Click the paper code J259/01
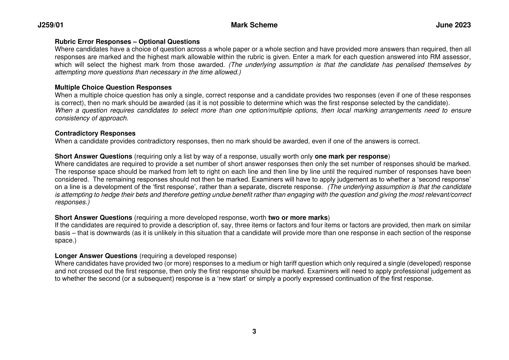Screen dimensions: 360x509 point(50,25)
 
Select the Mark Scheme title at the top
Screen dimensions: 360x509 point(254,25)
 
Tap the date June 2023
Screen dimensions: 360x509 point(453,25)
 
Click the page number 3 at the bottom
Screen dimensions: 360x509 point(254,332)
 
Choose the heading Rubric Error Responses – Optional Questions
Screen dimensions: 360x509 point(127,42)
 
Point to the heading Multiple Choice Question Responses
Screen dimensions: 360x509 point(113,88)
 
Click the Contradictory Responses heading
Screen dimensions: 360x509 point(95,134)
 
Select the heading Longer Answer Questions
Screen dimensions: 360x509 point(96,256)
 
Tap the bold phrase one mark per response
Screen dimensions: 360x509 point(351,156)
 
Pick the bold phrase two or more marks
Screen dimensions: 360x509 point(298,218)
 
